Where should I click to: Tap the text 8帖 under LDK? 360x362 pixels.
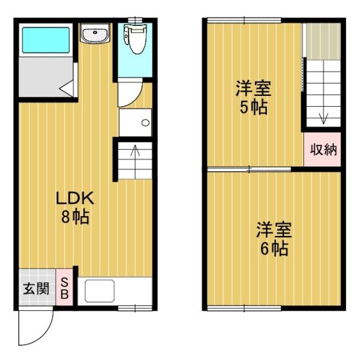tap(75, 217)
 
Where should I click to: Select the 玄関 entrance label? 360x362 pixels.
tap(36, 288)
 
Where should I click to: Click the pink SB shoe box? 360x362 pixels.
tap(65, 288)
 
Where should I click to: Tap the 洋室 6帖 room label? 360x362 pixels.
tap(274, 238)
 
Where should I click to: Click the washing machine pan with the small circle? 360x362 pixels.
tap(135, 122)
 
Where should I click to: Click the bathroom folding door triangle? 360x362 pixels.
tap(68, 87)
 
